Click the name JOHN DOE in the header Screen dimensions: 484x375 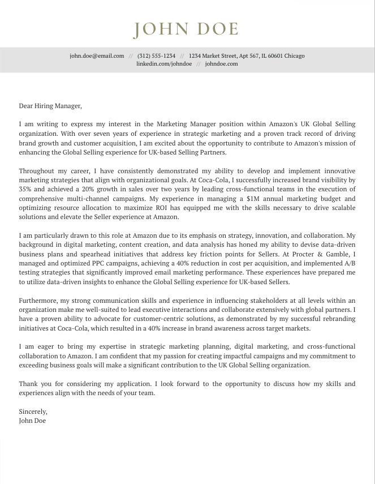(x=186, y=29)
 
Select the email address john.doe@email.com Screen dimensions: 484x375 (x=97, y=56)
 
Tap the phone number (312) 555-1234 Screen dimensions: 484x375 (x=156, y=56)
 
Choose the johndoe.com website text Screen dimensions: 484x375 (x=221, y=64)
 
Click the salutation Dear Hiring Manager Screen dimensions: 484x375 (x=50, y=105)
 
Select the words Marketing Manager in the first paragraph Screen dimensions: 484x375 (x=185, y=123)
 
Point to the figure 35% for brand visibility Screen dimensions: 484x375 (x=25, y=189)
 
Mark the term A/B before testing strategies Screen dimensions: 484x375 (x=350, y=263)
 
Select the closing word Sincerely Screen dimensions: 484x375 (x=33, y=412)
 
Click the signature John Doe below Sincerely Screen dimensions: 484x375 (x=32, y=421)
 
